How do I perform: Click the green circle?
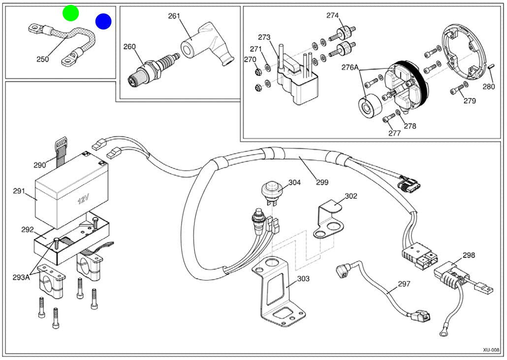(x=71, y=13)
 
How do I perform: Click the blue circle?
(x=103, y=21)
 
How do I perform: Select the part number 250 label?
(x=43, y=59)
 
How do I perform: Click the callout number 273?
(x=264, y=37)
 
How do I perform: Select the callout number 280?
(x=488, y=87)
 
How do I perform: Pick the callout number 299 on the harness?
(x=322, y=182)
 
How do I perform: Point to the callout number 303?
(x=303, y=279)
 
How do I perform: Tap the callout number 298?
(x=469, y=256)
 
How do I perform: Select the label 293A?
(x=22, y=277)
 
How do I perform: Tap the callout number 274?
(x=332, y=16)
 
